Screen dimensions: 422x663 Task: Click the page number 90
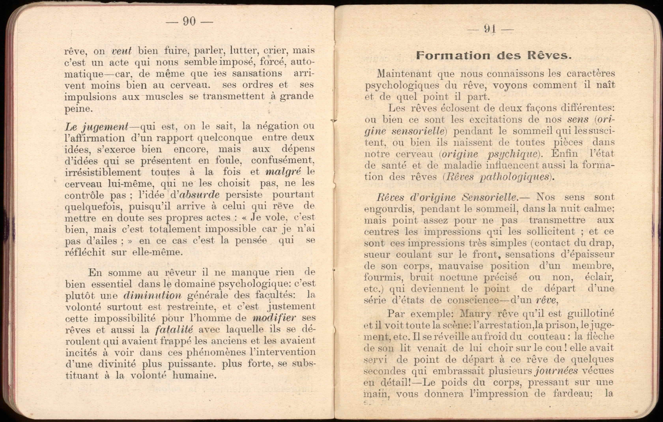(x=189, y=21)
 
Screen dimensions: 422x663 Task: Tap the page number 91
(x=490, y=29)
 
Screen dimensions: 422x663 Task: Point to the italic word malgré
(x=283, y=172)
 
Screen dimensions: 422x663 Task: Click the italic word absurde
(x=199, y=195)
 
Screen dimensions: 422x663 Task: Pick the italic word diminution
(x=152, y=295)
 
